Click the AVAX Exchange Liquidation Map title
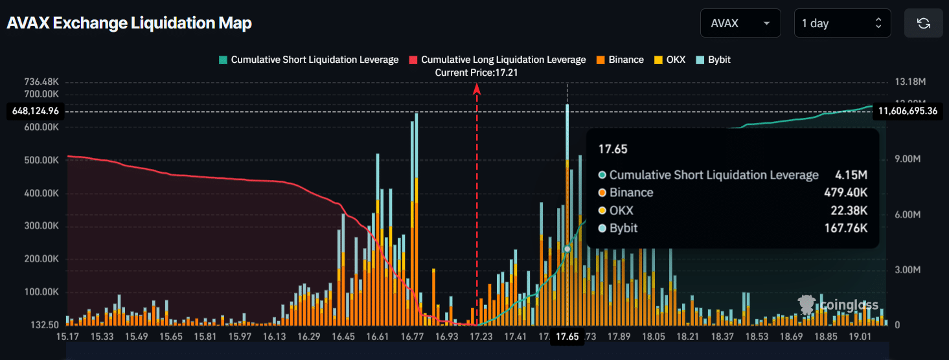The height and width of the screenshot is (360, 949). [x=129, y=23]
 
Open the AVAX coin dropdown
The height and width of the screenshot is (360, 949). [x=740, y=23]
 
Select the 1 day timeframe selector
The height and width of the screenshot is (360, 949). [x=841, y=23]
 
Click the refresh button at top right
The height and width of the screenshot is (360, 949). [x=924, y=23]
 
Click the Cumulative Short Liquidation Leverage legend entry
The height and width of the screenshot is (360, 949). [x=308, y=60]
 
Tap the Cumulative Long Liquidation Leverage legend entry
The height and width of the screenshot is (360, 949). [x=497, y=60]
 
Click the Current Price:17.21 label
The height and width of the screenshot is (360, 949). [x=476, y=73]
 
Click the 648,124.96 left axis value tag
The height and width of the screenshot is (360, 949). [x=36, y=111]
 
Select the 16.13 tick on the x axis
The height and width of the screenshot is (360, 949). [x=275, y=337]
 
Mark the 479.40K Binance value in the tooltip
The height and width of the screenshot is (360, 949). [x=845, y=192]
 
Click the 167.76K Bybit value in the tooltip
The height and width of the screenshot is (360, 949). [x=845, y=228]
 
